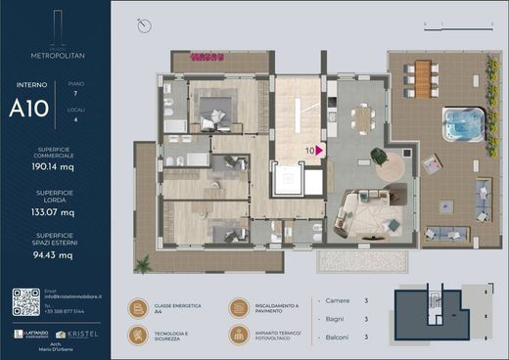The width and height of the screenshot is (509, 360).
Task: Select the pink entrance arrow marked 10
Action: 319,151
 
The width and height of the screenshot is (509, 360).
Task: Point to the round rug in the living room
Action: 393,168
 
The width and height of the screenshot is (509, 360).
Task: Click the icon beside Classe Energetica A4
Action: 137,308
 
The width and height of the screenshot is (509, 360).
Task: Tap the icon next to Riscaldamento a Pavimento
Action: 239,308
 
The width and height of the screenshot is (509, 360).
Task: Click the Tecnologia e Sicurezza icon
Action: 137,337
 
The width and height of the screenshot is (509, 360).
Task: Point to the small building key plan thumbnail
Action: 440,316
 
